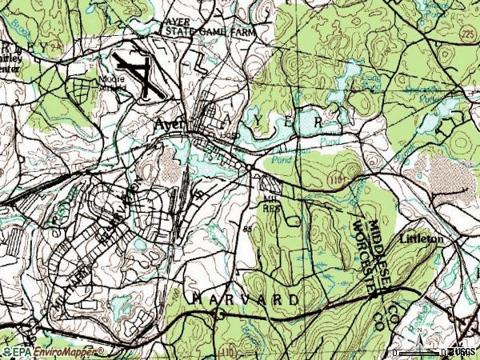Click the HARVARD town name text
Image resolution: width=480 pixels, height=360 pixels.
pos(245,298)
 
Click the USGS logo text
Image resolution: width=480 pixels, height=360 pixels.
pos(462,352)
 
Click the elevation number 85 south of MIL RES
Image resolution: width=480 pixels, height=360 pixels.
pos(246,230)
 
